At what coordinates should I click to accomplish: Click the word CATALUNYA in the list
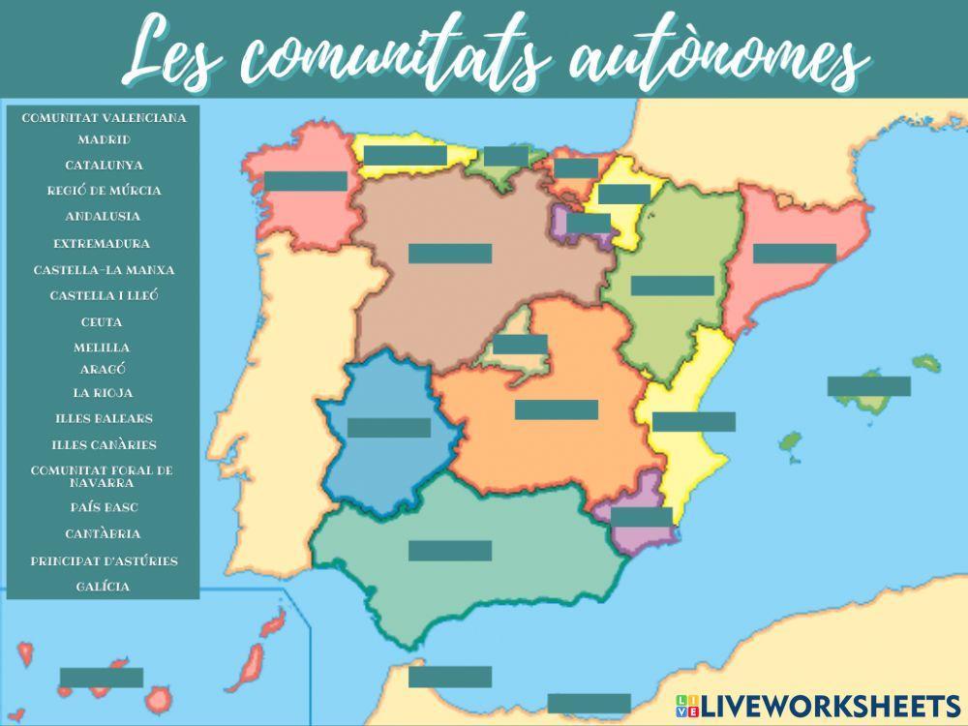[104, 166]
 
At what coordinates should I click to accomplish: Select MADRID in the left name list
[104, 140]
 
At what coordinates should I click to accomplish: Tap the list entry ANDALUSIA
[104, 217]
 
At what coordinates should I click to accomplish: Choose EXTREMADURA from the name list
[103, 244]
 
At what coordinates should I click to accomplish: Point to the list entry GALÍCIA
[103, 587]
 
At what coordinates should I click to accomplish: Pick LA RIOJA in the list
[103, 393]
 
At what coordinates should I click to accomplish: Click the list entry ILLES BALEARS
[103, 419]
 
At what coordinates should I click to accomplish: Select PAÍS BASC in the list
[103, 507]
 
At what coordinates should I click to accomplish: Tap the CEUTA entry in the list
[103, 321]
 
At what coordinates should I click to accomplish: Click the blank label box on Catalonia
[794, 254]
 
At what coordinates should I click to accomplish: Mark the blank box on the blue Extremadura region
[389, 428]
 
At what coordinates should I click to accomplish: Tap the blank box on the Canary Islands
[102, 678]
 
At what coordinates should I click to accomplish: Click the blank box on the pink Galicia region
[305, 181]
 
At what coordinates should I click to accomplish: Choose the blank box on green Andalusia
[450, 551]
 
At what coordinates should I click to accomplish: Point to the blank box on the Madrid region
[521, 345]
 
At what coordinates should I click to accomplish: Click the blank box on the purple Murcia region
[641, 517]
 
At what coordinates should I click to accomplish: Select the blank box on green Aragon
[672, 286]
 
